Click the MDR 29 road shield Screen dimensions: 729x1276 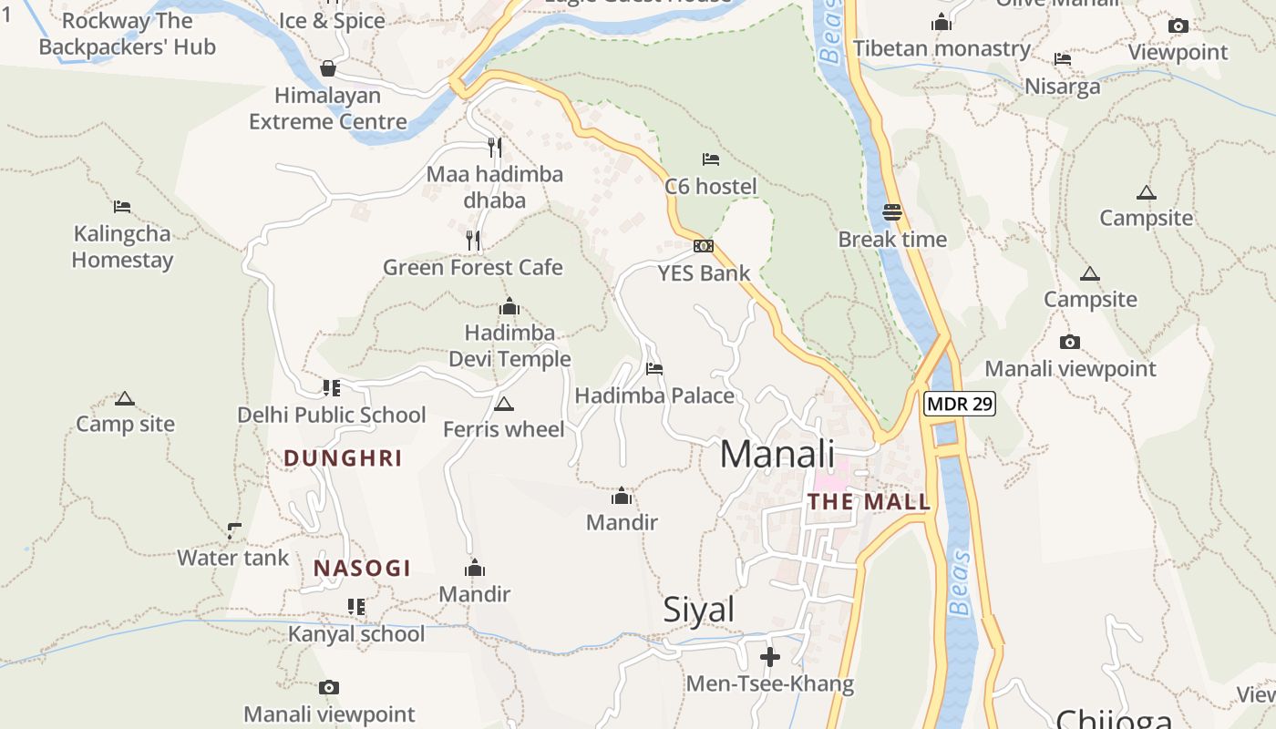pyautogui.click(x=960, y=404)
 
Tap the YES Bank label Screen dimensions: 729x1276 pyautogui.click(x=704, y=272)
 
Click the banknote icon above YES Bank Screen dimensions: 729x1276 pyautogui.click(x=704, y=246)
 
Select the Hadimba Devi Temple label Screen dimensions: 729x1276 pyautogui.click(x=509, y=345)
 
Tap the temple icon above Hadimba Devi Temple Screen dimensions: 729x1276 pyautogui.click(x=509, y=306)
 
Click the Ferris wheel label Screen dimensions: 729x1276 pyautogui.click(x=504, y=428)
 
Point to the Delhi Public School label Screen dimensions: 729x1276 pyautogui.click(x=332, y=415)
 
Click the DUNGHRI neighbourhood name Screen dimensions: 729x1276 pyautogui.click(x=343, y=457)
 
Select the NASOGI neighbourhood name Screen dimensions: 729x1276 pyautogui.click(x=362, y=568)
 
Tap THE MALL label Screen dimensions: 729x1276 pyautogui.click(x=869, y=501)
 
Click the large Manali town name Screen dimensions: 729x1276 pyautogui.click(x=777, y=454)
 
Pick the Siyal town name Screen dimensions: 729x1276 pyautogui.click(x=698, y=610)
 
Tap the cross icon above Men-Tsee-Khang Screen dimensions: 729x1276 pyautogui.click(x=770, y=656)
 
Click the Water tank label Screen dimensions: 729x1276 pyautogui.click(x=232, y=558)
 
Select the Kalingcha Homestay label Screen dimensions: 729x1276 pyautogui.click(x=122, y=247)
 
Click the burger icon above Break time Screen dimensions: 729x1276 pyautogui.click(x=892, y=212)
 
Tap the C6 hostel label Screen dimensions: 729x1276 pyautogui.click(x=711, y=187)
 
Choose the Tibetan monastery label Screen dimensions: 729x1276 pyautogui.click(x=942, y=48)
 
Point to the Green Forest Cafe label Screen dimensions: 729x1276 pyautogui.click(x=473, y=267)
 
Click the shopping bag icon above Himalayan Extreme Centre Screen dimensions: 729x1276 pyautogui.click(x=328, y=68)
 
